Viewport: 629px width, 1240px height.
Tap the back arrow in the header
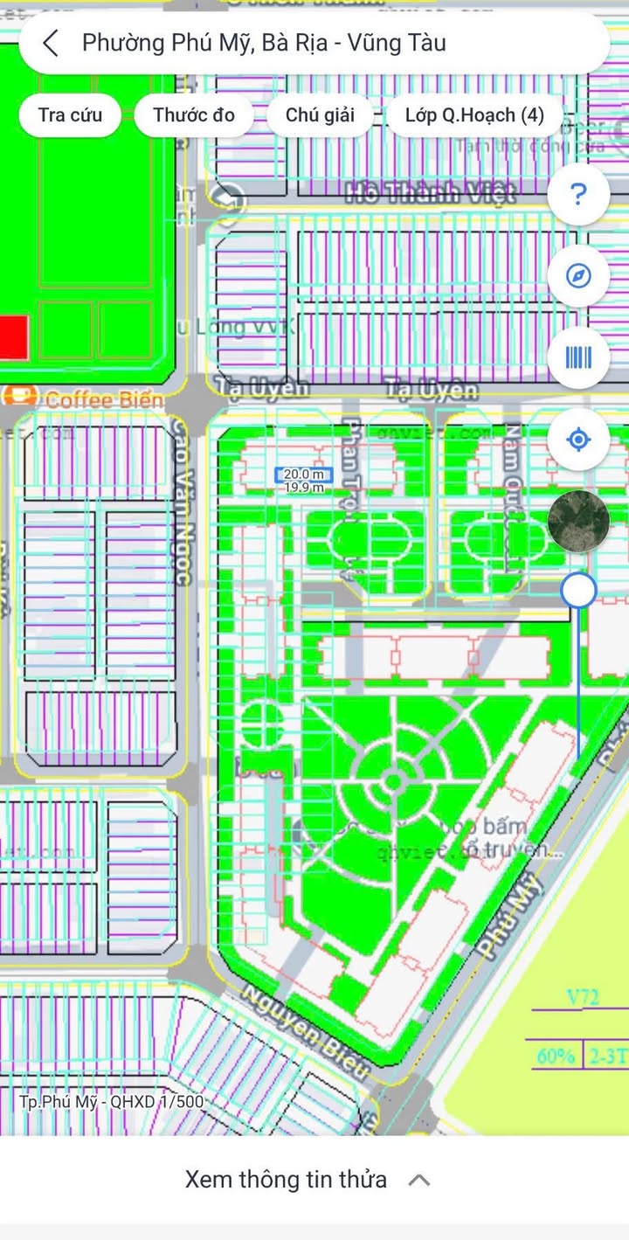point(51,43)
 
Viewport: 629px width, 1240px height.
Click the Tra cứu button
point(70,114)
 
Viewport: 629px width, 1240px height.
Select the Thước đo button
point(194,114)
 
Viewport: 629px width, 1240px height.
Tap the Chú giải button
point(320,114)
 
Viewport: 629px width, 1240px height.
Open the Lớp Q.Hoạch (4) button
point(474,114)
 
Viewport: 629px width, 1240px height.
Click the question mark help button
point(577,194)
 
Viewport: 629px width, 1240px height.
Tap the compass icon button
point(577,276)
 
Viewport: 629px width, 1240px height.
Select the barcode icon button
point(577,357)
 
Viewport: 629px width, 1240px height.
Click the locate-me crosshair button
point(577,439)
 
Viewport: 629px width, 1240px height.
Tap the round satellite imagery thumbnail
point(578,521)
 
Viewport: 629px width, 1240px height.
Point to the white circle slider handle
point(578,591)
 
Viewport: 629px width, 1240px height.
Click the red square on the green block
point(13,337)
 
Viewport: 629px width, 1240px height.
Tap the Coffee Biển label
point(104,400)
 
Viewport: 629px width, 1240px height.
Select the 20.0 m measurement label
point(304,474)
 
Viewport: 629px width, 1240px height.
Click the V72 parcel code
point(583,997)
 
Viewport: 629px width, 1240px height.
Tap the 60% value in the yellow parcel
point(556,1056)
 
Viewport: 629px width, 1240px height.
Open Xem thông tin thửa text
point(286,1180)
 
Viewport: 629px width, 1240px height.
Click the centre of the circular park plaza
point(393,780)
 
